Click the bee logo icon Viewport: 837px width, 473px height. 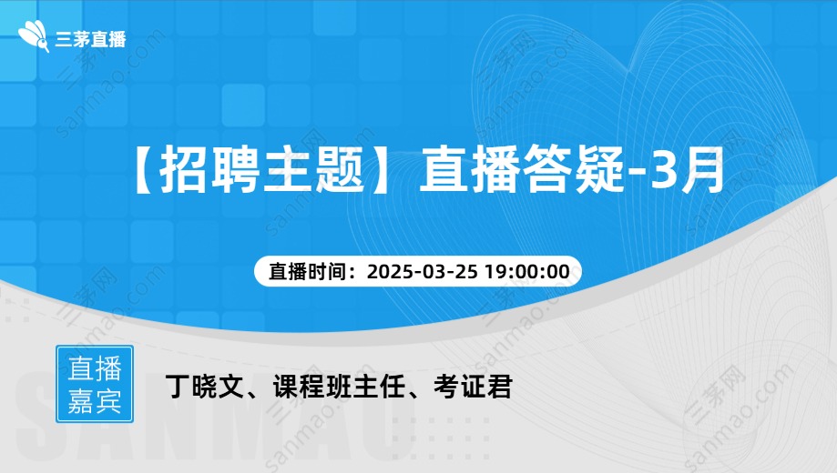pyautogui.click(x=34, y=35)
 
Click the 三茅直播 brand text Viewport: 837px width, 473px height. pyautogui.click(x=91, y=39)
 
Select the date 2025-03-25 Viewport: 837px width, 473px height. pyautogui.click(x=423, y=271)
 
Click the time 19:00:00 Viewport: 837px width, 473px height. pyautogui.click(x=526, y=271)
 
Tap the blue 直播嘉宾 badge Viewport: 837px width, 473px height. pyautogui.click(x=95, y=384)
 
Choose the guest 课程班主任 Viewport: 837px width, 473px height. pyautogui.click(x=340, y=387)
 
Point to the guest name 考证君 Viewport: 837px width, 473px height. pyautogui.click(x=473, y=387)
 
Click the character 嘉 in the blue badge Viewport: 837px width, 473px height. pyautogui.click(x=81, y=401)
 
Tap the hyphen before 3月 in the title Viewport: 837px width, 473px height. pyautogui.click(x=638, y=172)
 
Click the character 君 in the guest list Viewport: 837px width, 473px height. pyautogui.click(x=500, y=387)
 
